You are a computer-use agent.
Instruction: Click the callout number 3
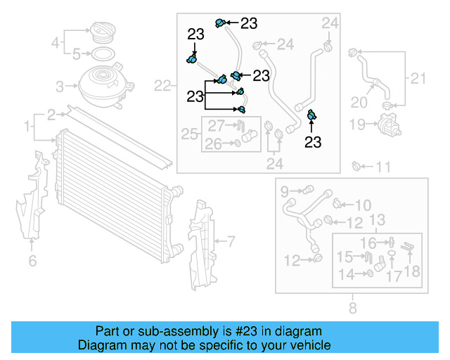pyautogui.click(x=60, y=86)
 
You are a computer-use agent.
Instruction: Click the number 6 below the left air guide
pyautogui.click(x=32, y=262)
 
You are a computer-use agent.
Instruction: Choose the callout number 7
pyautogui.click(x=230, y=243)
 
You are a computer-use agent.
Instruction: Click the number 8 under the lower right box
pyautogui.click(x=352, y=307)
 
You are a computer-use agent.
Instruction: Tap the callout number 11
pyautogui.click(x=382, y=167)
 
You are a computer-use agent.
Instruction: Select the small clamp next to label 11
pyautogui.click(x=356, y=167)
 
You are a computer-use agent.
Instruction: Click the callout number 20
pyautogui.click(x=359, y=103)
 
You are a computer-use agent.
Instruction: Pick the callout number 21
pyautogui.click(x=418, y=78)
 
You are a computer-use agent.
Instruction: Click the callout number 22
pyautogui.click(x=162, y=86)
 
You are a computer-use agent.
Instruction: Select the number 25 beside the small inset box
pyautogui.click(x=189, y=133)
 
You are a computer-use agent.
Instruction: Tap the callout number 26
pyautogui.click(x=213, y=145)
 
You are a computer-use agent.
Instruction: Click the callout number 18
pyautogui.click(x=411, y=271)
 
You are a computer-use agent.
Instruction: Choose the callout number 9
pyautogui.click(x=285, y=191)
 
